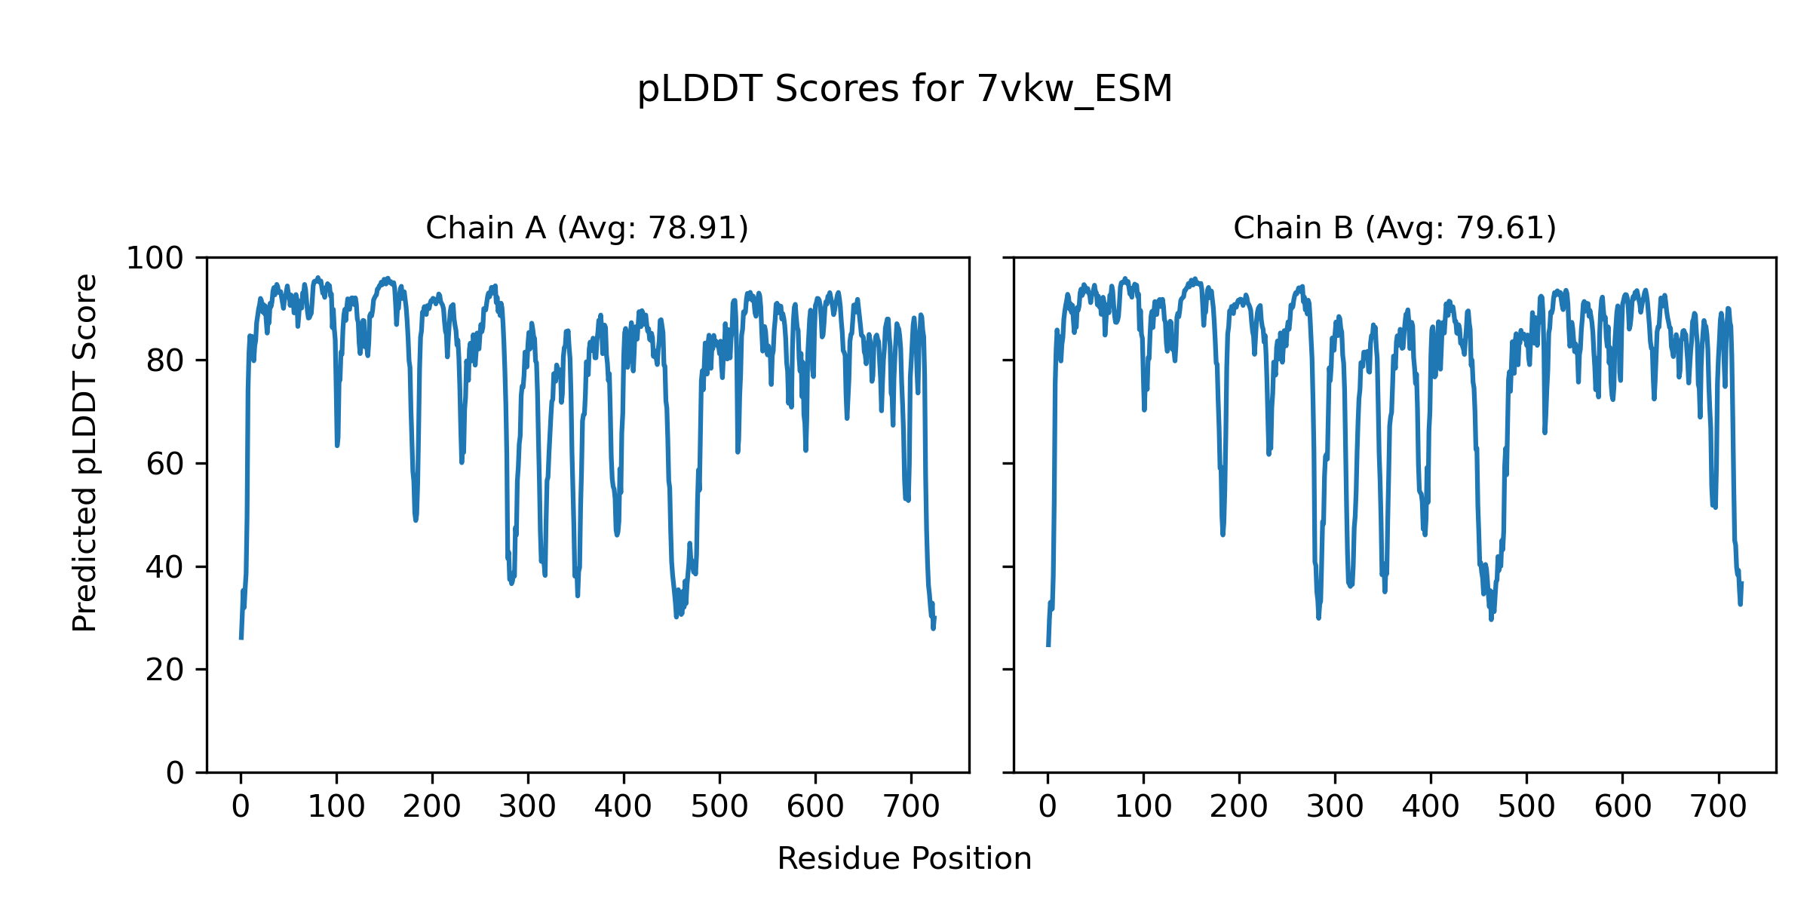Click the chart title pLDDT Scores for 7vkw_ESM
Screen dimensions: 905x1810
click(x=904, y=89)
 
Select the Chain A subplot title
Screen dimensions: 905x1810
click(x=587, y=228)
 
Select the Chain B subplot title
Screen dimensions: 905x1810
click(x=1394, y=228)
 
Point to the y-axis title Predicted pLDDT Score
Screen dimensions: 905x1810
click(x=84, y=452)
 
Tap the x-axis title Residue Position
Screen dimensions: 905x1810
click(x=904, y=858)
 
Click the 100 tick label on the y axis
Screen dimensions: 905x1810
click(x=155, y=259)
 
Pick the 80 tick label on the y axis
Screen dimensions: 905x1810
click(x=165, y=361)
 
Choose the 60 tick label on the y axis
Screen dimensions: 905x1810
click(x=165, y=464)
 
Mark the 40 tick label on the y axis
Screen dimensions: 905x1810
click(x=165, y=567)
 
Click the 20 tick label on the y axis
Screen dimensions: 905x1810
click(x=165, y=670)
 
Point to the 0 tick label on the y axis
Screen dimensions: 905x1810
click(x=175, y=773)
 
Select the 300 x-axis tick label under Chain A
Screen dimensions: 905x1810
click(x=528, y=807)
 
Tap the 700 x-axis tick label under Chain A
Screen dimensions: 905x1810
click(x=911, y=807)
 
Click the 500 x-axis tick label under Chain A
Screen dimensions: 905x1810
click(x=719, y=807)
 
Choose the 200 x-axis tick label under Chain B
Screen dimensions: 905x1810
click(x=1239, y=807)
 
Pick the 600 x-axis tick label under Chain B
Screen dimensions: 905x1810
click(x=1622, y=807)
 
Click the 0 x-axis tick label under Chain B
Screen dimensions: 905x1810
click(x=1048, y=807)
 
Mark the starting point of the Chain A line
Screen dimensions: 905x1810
click(x=241, y=638)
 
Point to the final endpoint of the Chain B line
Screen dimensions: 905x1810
click(x=1742, y=582)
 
